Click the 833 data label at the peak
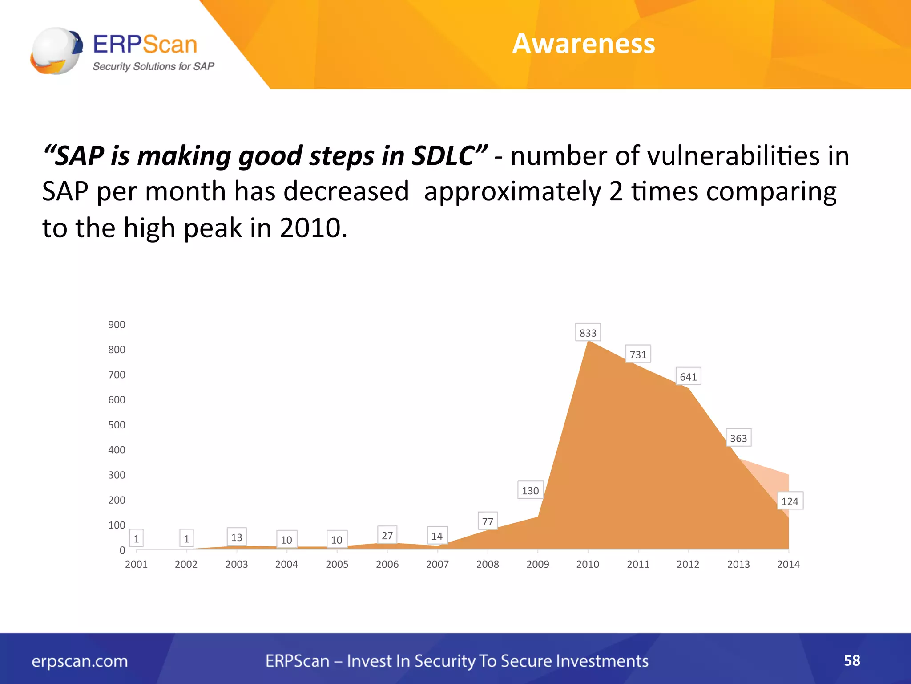point(588,333)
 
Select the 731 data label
point(638,354)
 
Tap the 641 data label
point(688,377)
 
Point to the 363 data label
point(738,438)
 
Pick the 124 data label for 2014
point(790,501)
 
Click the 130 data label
point(530,490)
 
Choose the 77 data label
point(488,521)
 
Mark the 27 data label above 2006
point(387,535)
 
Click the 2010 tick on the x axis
point(588,564)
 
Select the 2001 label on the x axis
point(136,564)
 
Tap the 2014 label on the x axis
point(788,564)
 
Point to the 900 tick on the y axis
point(117,325)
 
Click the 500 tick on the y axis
point(117,425)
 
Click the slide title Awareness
point(584,44)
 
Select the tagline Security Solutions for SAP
point(153,66)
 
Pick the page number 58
point(852,660)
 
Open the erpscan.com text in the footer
point(80,661)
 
